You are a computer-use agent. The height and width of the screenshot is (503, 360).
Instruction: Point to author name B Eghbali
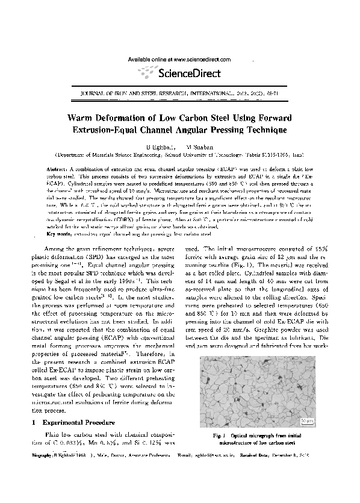click(158, 146)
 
